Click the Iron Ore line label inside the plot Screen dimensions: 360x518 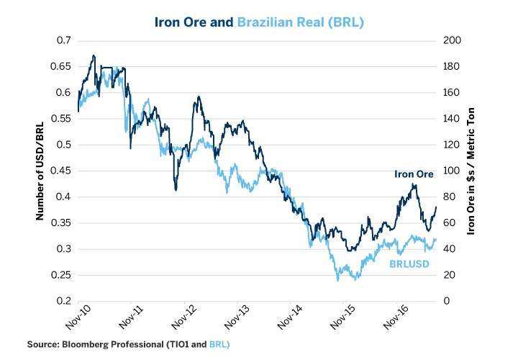point(412,174)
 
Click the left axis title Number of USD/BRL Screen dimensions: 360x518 point(42,171)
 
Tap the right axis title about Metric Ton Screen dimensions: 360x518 point(472,171)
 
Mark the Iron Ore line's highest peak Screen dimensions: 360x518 point(94,55)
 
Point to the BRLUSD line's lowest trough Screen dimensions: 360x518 point(337,280)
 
